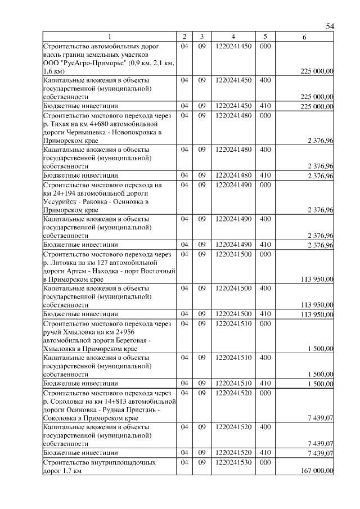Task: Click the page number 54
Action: coord(330,26)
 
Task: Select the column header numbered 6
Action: coord(304,37)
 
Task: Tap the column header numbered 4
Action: coord(233,37)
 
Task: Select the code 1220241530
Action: coord(233,462)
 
